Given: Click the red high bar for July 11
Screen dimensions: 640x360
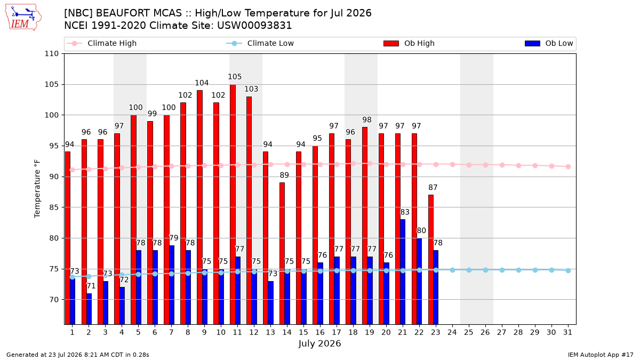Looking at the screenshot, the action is pyautogui.click(x=233, y=204).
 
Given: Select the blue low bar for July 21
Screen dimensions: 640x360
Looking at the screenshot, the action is pyautogui.click(x=403, y=271).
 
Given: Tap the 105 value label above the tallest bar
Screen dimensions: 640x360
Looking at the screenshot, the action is pyautogui.click(x=235, y=77).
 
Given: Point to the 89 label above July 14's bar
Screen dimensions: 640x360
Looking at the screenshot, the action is pyautogui.click(x=284, y=175).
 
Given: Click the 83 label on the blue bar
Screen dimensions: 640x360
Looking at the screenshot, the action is pyautogui.click(x=405, y=212).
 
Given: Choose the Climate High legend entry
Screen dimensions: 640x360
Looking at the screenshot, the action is pyautogui.click(x=102, y=43).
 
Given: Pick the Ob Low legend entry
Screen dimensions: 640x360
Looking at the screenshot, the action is pyautogui.click(x=549, y=43).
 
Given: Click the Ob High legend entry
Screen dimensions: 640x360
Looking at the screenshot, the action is pyautogui.click(x=409, y=43).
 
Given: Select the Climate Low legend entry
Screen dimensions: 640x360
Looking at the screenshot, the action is pyautogui.click(x=260, y=43).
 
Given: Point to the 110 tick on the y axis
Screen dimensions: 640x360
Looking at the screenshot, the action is pyautogui.click(x=51, y=54).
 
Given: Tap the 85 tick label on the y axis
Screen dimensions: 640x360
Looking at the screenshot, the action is pyautogui.click(x=54, y=207).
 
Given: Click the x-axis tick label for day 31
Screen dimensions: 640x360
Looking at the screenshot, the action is pyautogui.click(x=567, y=332).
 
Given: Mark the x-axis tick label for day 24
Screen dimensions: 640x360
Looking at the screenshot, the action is pyautogui.click(x=452, y=332).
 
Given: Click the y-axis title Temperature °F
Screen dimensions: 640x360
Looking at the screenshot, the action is pyautogui.click(x=37, y=189).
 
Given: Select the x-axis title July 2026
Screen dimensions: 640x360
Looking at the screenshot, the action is pyautogui.click(x=319, y=343).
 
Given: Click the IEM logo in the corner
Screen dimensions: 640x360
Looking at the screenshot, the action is pyautogui.click(x=23, y=18).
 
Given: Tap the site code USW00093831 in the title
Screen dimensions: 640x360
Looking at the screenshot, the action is pyautogui.click(x=254, y=26).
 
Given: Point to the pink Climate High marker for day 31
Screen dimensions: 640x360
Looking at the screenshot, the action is pyautogui.click(x=569, y=166).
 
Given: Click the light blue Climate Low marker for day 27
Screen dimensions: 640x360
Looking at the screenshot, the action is pyautogui.click(x=502, y=270).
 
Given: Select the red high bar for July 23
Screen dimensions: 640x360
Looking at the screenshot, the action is pyautogui.click(x=431, y=260).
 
